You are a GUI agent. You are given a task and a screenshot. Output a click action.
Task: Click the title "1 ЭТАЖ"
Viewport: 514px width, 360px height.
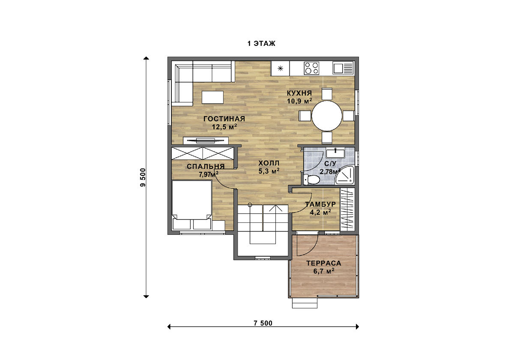pyautogui.click(x=261, y=44)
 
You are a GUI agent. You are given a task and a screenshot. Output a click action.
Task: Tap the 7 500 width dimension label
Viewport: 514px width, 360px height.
pyautogui.click(x=263, y=323)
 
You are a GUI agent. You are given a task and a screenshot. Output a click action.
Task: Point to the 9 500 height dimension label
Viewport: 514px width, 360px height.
pyautogui.click(x=143, y=177)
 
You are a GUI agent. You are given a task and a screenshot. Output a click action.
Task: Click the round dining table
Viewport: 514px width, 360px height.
pyautogui.click(x=327, y=116)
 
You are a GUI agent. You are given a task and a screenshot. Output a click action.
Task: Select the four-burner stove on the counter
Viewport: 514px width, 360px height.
pyautogui.click(x=311, y=69)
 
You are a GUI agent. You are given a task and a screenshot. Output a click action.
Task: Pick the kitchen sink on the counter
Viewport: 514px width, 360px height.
pyautogui.click(x=343, y=69)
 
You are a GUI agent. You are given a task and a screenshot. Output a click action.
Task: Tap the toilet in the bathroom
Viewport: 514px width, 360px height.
pyautogui.click(x=311, y=179)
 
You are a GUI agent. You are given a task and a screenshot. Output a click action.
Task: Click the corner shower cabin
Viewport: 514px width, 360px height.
pyautogui.click(x=344, y=176)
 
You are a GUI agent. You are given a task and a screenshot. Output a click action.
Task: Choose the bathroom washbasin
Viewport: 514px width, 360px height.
pyautogui.click(x=335, y=153)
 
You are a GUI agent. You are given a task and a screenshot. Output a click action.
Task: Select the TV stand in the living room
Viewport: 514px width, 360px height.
pyautogui.click(x=206, y=141)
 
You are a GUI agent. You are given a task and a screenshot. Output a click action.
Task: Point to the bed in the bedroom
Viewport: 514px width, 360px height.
pyautogui.click(x=191, y=205)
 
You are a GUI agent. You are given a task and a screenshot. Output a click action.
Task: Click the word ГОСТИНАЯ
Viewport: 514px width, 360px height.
pyautogui.click(x=224, y=119)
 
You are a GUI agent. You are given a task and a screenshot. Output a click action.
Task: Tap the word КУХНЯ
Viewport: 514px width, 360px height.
pyautogui.click(x=299, y=93)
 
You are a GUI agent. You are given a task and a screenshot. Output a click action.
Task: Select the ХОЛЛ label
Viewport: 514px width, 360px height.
pyautogui.click(x=269, y=163)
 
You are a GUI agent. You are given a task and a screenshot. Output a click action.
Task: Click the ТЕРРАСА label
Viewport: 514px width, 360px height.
pyautogui.click(x=324, y=263)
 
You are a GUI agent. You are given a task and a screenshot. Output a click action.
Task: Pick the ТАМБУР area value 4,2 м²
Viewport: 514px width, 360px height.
pyautogui.click(x=320, y=213)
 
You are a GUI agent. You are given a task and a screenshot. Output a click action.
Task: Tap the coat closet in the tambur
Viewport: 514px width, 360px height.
pyautogui.click(x=347, y=210)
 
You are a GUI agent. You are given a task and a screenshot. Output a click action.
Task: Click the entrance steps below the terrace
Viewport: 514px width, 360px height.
pyautogui.click(x=305, y=303)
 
